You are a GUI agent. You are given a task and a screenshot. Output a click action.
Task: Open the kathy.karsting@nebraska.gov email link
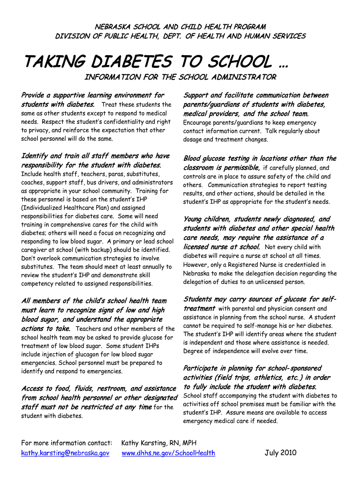(65, 453)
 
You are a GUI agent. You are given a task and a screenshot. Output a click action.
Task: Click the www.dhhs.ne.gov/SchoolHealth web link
(168, 453)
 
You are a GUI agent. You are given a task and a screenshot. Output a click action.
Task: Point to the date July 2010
(281, 452)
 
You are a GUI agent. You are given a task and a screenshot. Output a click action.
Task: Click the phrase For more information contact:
(67, 443)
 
